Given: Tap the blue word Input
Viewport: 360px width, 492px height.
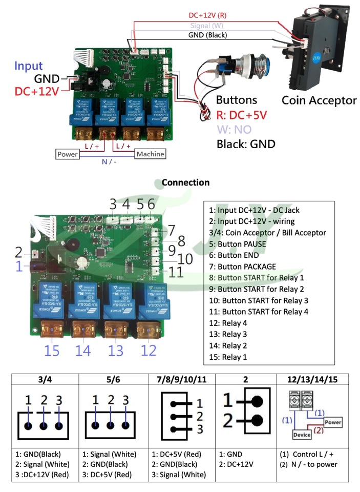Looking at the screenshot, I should [x=28, y=66].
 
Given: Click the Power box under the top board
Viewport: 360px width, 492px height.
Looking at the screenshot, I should [x=67, y=154].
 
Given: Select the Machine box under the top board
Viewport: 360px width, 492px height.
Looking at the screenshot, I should [x=151, y=154].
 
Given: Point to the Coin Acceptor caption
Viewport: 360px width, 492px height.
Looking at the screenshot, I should [x=319, y=100].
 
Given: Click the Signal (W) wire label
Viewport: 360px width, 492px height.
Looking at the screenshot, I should [x=206, y=25].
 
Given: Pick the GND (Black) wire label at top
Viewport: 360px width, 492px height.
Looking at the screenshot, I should [x=207, y=35].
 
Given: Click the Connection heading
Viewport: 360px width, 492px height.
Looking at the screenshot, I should [x=185, y=182].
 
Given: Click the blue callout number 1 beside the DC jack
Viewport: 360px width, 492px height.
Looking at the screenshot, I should [x=19, y=266].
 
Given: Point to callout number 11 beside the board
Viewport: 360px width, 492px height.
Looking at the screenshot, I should [x=176, y=272].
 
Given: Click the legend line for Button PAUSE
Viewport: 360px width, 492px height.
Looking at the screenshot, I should [x=238, y=244].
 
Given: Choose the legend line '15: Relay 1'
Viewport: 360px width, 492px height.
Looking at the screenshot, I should [x=228, y=357].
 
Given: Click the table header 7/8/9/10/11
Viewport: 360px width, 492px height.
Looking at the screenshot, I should [x=181, y=379].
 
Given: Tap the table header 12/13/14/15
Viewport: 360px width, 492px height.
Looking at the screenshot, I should [x=312, y=379].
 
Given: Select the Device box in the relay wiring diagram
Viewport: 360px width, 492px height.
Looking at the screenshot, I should [x=302, y=435].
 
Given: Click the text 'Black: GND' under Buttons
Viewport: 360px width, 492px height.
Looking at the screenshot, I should [x=246, y=144].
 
